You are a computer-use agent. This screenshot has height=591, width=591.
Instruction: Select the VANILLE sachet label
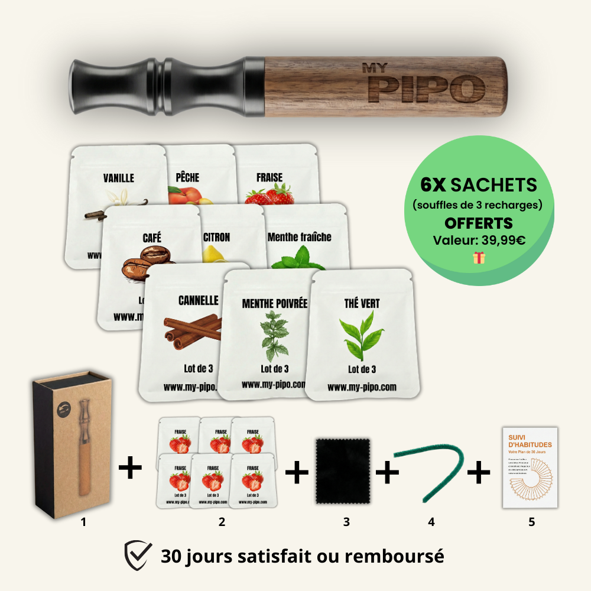[x=118, y=178]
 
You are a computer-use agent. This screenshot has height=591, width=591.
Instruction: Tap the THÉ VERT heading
[x=362, y=304]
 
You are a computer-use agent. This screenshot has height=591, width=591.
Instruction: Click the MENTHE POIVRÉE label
[x=275, y=304]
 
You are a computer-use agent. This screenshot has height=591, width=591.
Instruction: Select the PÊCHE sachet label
[x=187, y=177]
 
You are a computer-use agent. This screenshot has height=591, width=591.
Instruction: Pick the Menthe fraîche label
[x=300, y=237]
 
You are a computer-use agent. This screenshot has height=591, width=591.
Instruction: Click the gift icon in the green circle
[x=479, y=257]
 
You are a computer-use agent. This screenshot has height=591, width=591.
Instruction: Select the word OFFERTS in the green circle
[x=479, y=224]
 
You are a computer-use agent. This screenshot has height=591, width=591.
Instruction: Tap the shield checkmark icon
[x=138, y=556]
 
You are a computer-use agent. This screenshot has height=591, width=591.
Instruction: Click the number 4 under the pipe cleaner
[x=431, y=522]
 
